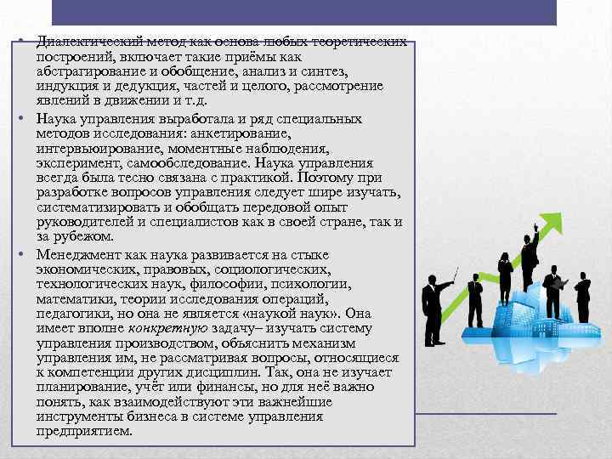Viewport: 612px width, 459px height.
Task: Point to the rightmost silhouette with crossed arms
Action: tap(583, 297)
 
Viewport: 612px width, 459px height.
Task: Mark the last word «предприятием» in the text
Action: tap(84, 430)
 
